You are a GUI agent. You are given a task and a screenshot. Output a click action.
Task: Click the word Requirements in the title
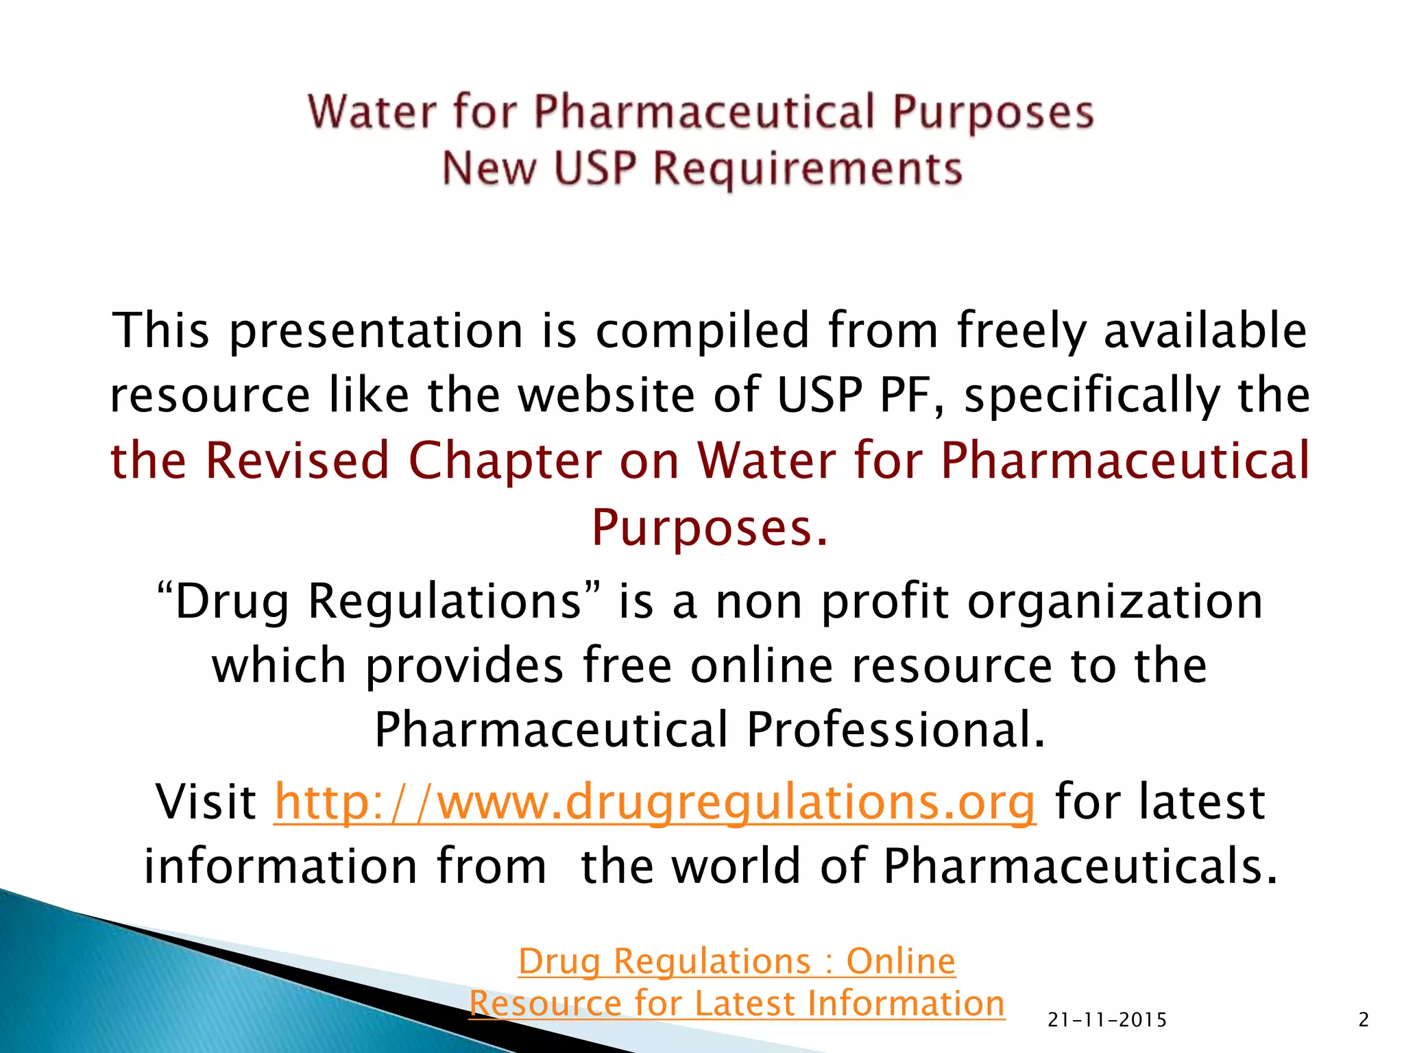(x=808, y=169)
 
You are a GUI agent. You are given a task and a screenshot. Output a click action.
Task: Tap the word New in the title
(x=488, y=169)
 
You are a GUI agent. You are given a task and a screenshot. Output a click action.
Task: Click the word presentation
(x=376, y=331)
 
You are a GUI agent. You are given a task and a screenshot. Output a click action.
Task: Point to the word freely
(x=1021, y=331)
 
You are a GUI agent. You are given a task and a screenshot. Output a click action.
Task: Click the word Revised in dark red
(x=297, y=460)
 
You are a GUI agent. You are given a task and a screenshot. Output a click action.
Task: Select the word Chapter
(x=505, y=460)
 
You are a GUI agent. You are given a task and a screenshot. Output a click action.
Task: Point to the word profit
(x=885, y=601)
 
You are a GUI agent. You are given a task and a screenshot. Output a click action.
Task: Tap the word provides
(x=464, y=666)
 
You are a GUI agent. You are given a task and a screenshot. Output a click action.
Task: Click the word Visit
(x=206, y=801)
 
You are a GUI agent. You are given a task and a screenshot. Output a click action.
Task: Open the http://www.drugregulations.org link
(x=655, y=801)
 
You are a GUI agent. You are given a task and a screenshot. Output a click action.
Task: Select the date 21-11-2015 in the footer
(x=1107, y=1020)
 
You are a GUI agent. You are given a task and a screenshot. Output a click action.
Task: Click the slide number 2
(x=1364, y=1020)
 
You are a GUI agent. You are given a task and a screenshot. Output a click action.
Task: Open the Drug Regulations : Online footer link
(x=737, y=961)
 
